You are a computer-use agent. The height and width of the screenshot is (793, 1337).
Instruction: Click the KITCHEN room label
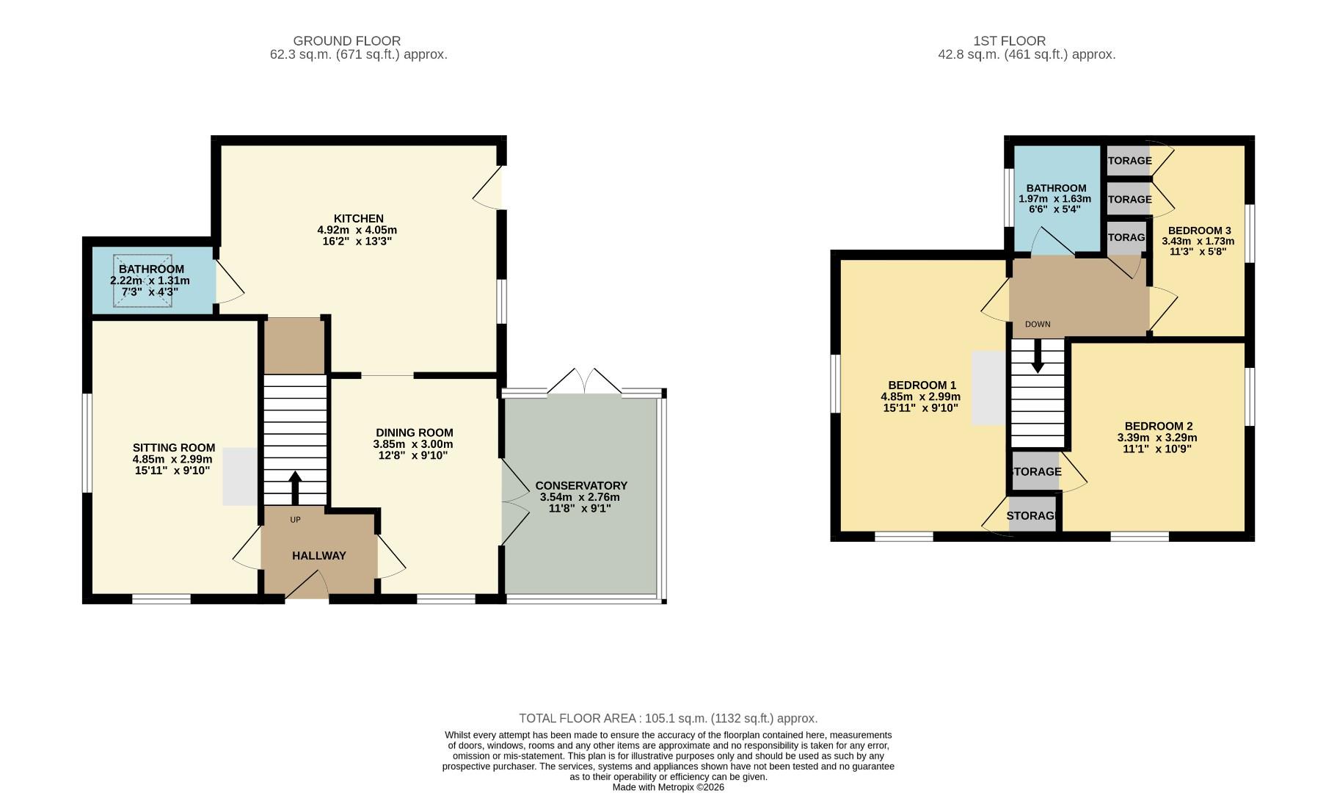pos(358,219)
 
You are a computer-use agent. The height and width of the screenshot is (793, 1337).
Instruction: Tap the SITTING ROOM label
pos(173,448)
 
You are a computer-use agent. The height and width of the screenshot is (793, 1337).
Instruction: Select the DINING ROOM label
pos(414,433)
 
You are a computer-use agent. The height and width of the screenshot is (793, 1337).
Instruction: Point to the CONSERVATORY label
pos(580,486)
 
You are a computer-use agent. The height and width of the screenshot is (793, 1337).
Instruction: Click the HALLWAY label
pos(318,556)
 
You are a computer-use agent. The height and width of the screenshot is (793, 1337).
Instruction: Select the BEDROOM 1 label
pos(922,385)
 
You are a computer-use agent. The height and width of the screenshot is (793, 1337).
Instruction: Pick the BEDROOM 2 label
pos(1158,427)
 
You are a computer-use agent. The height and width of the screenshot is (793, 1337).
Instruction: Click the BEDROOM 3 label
pos(1199,231)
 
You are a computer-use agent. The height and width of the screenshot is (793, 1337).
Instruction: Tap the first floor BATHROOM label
pos(1056,189)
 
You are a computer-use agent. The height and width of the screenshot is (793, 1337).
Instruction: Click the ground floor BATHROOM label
pos(151,269)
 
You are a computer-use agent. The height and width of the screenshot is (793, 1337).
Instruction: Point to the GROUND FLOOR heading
pos(346,41)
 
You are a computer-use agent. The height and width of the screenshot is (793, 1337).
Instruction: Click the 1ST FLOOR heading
pos(1009,41)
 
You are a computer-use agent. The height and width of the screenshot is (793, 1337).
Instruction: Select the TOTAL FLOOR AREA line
pos(668,718)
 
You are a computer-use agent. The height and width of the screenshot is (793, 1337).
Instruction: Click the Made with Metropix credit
pos(668,787)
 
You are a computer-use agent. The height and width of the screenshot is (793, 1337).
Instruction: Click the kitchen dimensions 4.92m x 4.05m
pos(357,230)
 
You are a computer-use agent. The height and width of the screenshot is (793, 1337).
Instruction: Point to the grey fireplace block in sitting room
pos(240,476)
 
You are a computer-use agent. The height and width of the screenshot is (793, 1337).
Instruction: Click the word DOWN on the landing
pos(1037,325)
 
